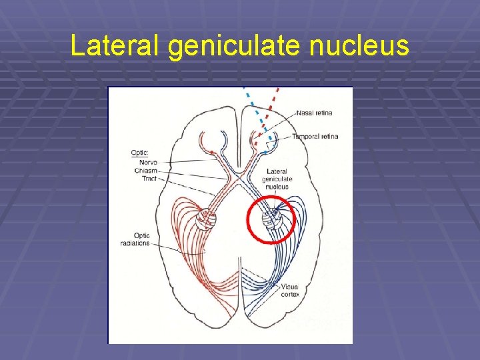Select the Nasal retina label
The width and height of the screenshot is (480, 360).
(315, 113)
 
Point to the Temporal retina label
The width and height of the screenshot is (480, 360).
(315, 136)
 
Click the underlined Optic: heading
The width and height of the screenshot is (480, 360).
(141, 153)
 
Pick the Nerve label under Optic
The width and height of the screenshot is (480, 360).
(148, 162)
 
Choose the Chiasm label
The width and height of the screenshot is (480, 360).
(146, 170)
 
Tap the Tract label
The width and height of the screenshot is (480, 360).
(149, 178)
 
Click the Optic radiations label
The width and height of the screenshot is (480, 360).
(141, 239)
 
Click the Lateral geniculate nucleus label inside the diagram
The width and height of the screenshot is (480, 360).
(277, 179)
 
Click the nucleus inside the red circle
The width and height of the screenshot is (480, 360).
(271, 218)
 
